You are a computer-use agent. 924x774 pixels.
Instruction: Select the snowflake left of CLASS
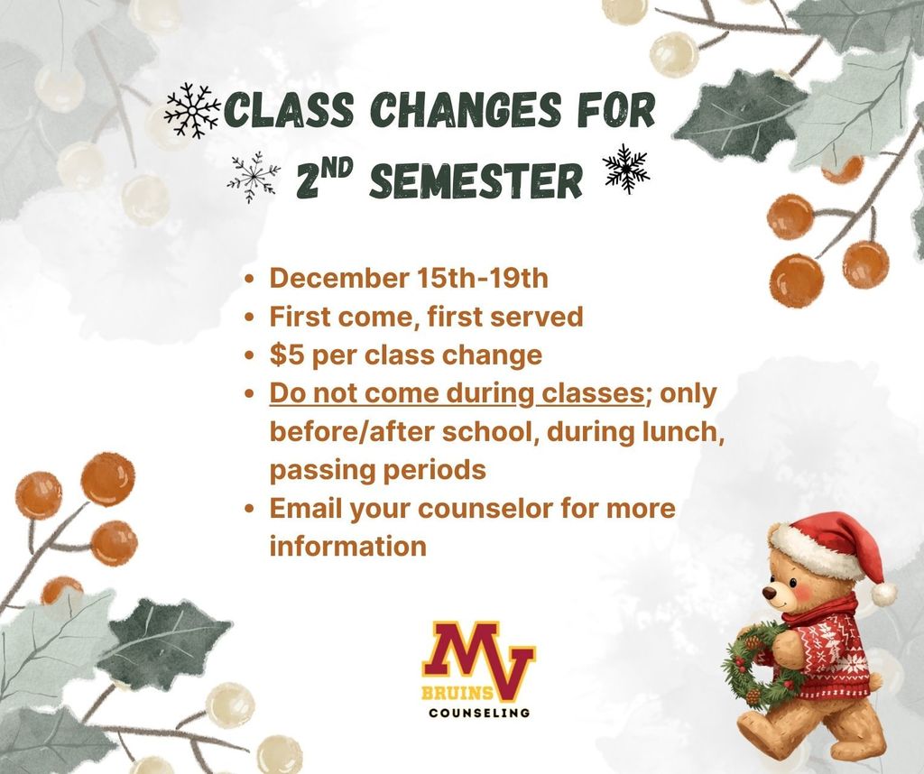click(x=192, y=112)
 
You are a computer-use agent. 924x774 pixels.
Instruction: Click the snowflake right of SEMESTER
click(x=625, y=169)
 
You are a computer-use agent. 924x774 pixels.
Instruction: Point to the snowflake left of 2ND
click(x=254, y=175)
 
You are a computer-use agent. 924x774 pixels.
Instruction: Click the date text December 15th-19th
click(x=409, y=278)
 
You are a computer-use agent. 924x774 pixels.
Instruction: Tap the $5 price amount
click(x=286, y=355)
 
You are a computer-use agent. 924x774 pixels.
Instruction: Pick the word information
click(x=347, y=546)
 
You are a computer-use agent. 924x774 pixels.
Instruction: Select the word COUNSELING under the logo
click(x=479, y=713)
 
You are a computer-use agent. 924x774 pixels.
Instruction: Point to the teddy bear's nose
click(x=768, y=594)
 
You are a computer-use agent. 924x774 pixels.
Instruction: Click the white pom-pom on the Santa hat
click(x=883, y=593)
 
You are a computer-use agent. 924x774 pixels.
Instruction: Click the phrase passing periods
click(x=378, y=470)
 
